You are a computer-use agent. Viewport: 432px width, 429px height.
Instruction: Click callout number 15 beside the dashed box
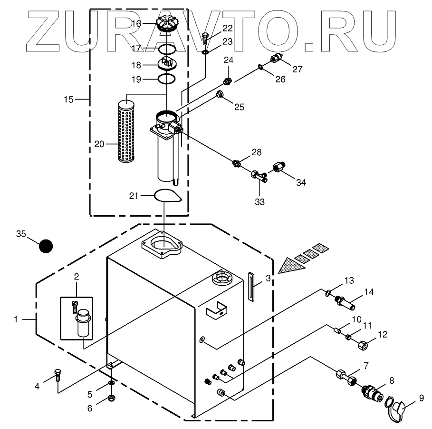click(x=69, y=100)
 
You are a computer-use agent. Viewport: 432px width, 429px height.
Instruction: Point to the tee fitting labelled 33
click(x=258, y=177)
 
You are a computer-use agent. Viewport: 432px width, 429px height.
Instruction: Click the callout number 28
click(x=257, y=152)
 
